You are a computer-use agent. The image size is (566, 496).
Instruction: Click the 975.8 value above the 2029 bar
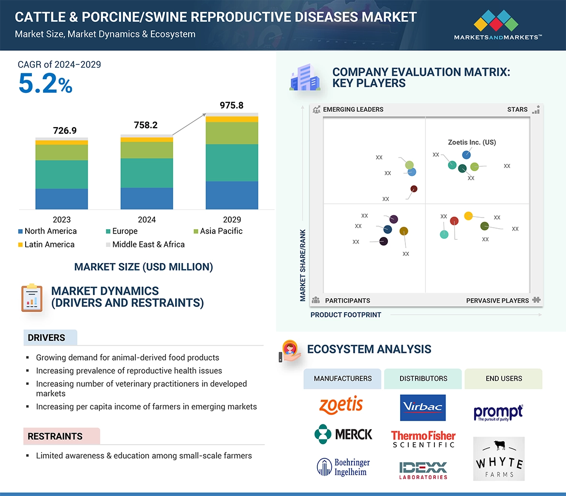[232, 105]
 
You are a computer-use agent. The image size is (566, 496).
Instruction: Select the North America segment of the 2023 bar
[61, 199]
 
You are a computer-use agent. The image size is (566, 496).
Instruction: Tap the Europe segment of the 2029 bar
[232, 162]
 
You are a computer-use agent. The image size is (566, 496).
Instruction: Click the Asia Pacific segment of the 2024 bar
[147, 150]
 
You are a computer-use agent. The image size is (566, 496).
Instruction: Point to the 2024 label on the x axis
[147, 219]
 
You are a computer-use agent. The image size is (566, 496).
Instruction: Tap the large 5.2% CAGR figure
[45, 84]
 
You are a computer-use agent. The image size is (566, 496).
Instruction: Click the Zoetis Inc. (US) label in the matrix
[472, 142]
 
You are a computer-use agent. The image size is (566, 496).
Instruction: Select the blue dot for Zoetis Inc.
[466, 155]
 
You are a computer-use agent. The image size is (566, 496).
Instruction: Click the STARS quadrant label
[517, 109]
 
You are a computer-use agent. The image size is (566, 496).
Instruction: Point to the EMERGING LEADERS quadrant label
[353, 109]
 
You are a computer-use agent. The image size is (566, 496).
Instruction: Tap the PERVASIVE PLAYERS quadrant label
[497, 301]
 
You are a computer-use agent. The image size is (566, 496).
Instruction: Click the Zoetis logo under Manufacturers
[341, 405]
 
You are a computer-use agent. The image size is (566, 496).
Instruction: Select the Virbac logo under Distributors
[423, 408]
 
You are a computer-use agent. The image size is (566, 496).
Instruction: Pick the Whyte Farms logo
[499, 459]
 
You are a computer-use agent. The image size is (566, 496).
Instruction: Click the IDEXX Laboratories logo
[423, 470]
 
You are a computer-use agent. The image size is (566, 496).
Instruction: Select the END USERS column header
[504, 379]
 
